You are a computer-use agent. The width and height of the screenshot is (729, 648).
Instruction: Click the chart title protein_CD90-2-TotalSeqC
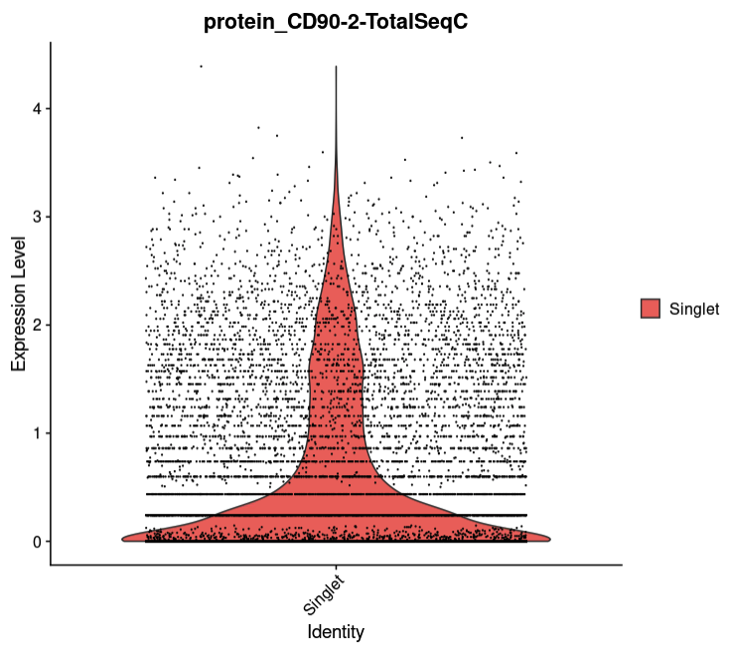[336, 20]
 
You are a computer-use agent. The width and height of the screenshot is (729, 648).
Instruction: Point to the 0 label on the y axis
[36, 542]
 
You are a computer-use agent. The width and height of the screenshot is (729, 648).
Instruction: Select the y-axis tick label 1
[36, 433]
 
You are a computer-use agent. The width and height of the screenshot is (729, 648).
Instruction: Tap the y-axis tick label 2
[36, 325]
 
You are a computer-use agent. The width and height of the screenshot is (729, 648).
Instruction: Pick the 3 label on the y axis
[36, 217]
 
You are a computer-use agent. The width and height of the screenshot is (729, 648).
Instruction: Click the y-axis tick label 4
[36, 108]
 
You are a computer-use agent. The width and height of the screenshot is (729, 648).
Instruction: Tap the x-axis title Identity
[336, 631]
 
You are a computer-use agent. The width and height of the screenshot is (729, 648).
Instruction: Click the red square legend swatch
[651, 309]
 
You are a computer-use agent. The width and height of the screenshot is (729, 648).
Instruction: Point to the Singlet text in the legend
[694, 309]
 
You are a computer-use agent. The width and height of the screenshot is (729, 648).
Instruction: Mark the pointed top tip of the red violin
[337, 67]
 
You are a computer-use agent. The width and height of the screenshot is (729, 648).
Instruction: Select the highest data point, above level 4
[201, 67]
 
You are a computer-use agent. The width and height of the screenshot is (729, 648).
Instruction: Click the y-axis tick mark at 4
[48, 108]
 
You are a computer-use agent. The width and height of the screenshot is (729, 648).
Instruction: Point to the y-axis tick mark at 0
[48, 542]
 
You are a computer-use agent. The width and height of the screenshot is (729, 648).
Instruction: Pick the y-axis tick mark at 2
[48, 325]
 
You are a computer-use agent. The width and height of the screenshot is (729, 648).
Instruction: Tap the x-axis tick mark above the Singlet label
[337, 568]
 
